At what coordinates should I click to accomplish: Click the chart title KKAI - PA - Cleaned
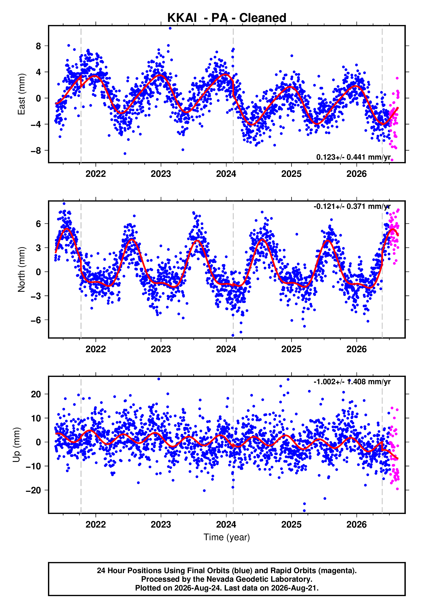tap(227, 18)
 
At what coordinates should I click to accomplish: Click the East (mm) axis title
tap(22, 94)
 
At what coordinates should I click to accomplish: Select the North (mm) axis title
tap(22, 269)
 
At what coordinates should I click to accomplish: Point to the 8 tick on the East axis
tap(39, 46)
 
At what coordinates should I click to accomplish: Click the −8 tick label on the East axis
tap(36, 151)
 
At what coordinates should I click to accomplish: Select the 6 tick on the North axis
tap(39, 224)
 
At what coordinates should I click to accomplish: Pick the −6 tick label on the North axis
tap(36, 320)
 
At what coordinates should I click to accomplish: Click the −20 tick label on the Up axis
tap(34, 490)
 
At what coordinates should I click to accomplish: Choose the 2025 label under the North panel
tap(291, 349)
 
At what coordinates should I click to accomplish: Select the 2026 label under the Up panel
tap(357, 524)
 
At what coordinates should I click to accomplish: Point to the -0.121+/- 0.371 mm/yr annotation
tap(352, 206)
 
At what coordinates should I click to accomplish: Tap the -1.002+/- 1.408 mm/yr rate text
tap(352, 382)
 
